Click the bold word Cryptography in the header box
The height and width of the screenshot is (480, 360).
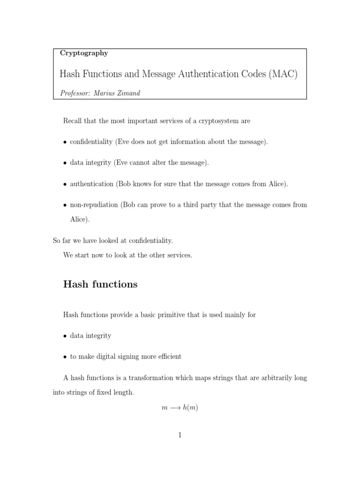[84, 53]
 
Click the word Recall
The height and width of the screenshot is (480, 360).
[73, 121]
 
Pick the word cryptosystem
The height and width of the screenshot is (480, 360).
[217, 121]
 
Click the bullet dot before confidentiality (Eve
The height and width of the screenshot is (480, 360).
[65, 142]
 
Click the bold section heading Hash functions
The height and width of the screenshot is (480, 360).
[100, 285]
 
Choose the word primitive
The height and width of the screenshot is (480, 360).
[182, 315]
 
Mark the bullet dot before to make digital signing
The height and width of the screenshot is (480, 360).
[65, 357]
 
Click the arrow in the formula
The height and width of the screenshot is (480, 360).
[175, 408]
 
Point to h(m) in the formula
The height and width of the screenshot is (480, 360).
[190, 408]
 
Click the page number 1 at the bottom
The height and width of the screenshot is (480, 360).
[180, 435]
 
